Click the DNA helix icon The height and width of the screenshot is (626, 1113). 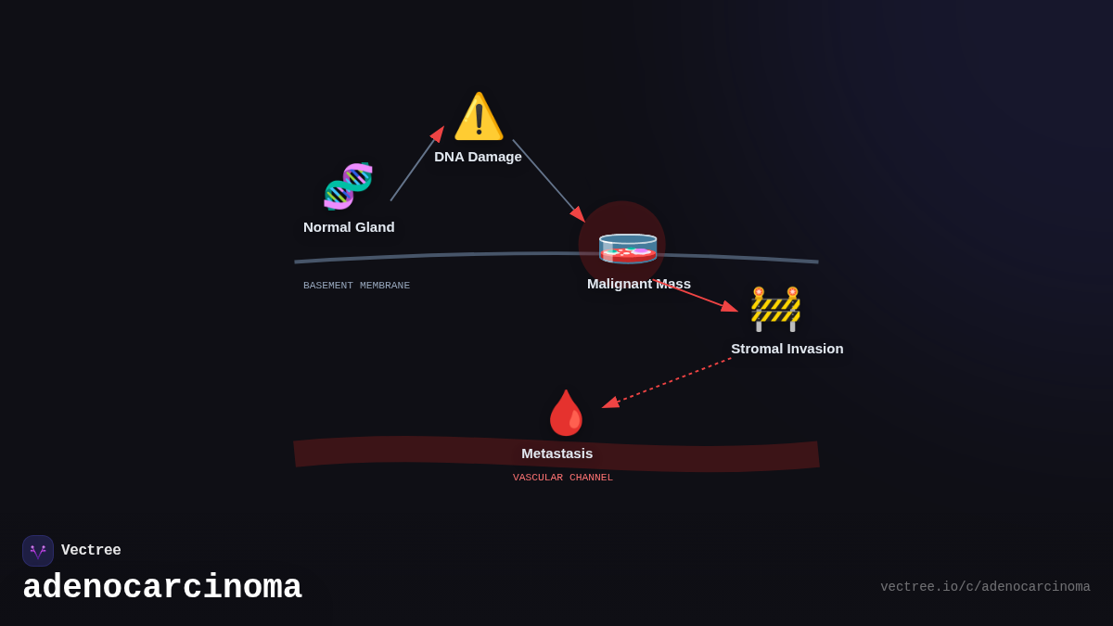point(348,186)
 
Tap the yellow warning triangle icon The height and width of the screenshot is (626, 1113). point(479,117)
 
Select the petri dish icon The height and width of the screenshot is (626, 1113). point(628,249)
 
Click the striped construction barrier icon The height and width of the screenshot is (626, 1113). point(775,309)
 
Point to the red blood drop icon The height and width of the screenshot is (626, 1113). point(566,413)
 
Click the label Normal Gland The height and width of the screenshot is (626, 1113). point(349,227)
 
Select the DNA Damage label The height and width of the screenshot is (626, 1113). point(478,157)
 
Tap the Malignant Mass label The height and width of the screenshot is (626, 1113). point(639,284)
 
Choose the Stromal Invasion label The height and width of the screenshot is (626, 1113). point(787,349)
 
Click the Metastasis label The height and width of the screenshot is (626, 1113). point(556,454)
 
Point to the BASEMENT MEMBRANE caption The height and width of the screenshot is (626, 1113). point(356,286)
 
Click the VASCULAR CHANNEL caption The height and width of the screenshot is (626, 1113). point(563,478)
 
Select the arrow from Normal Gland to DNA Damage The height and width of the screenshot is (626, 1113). point(416,164)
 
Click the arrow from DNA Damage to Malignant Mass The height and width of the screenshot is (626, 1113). point(548,181)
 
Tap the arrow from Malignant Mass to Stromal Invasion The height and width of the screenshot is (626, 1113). point(696,296)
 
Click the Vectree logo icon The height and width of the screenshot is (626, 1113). point(38,551)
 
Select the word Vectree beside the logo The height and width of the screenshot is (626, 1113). point(91,551)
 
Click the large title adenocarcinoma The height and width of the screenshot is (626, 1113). point(162,588)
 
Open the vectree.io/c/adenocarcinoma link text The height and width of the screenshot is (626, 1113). point(985,587)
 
